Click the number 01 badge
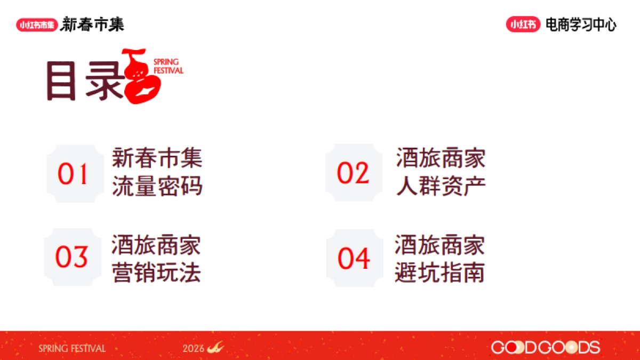pyautogui.click(x=73, y=174)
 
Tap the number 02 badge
pyautogui.click(x=353, y=173)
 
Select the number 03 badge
pyautogui.click(x=71, y=258)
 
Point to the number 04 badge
pyautogui.click(x=354, y=258)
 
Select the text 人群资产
pyautogui.click(x=441, y=186)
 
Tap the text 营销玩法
pyautogui.click(x=156, y=273)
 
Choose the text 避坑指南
pyautogui.click(x=440, y=273)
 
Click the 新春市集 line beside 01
pyautogui.click(x=157, y=158)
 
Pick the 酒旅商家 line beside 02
pyautogui.click(x=441, y=158)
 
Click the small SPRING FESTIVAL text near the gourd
pyautogui.click(x=168, y=66)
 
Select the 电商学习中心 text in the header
pyautogui.click(x=581, y=25)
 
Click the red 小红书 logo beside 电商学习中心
pyautogui.click(x=523, y=25)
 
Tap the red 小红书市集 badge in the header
pyautogui.click(x=36, y=25)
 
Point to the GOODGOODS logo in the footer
pyautogui.click(x=545, y=348)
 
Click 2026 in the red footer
pyautogui.click(x=194, y=348)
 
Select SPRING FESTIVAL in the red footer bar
pyautogui.click(x=72, y=348)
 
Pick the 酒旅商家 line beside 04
pyautogui.click(x=440, y=245)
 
